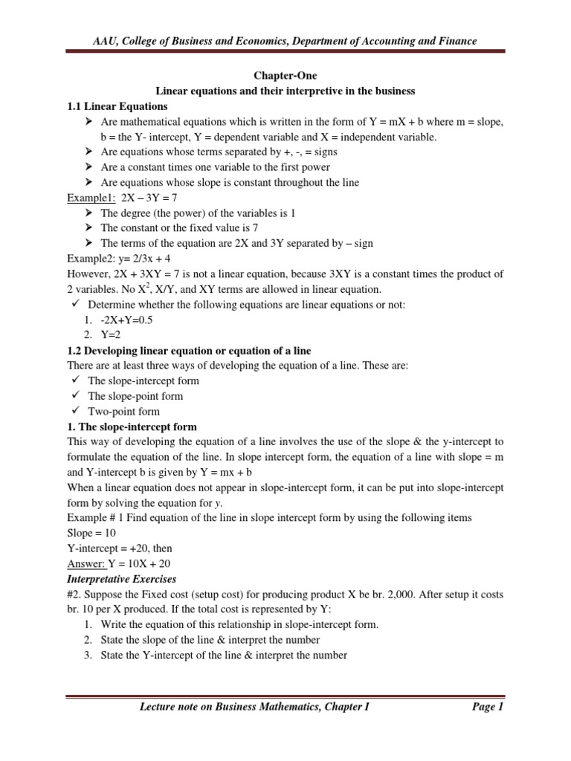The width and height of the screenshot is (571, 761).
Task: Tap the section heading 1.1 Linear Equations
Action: (117, 106)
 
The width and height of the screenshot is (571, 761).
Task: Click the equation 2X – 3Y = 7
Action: (155, 198)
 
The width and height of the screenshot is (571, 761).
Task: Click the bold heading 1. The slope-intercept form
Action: (132, 427)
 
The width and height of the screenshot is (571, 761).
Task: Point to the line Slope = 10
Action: (91, 533)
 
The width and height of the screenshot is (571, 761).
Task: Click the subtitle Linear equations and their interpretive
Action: (285, 91)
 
